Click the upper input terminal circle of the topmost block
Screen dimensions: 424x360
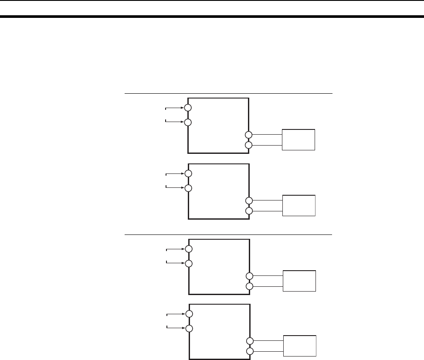[188, 108]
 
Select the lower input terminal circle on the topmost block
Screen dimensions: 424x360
[188, 122]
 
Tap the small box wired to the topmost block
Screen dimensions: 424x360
[298, 139]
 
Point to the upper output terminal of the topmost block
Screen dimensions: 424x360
[249, 135]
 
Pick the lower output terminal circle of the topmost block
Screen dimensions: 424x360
[249, 145]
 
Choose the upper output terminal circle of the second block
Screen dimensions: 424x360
[249, 200]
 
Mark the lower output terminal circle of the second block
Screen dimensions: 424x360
[249, 211]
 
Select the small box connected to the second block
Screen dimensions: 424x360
[298, 205]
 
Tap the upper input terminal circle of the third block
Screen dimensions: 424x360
[188, 249]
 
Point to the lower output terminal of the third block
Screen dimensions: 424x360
[249, 286]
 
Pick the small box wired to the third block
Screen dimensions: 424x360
[299, 281]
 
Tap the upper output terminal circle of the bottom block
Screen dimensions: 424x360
[249, 341]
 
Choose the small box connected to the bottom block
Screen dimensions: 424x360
[299, 346]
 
